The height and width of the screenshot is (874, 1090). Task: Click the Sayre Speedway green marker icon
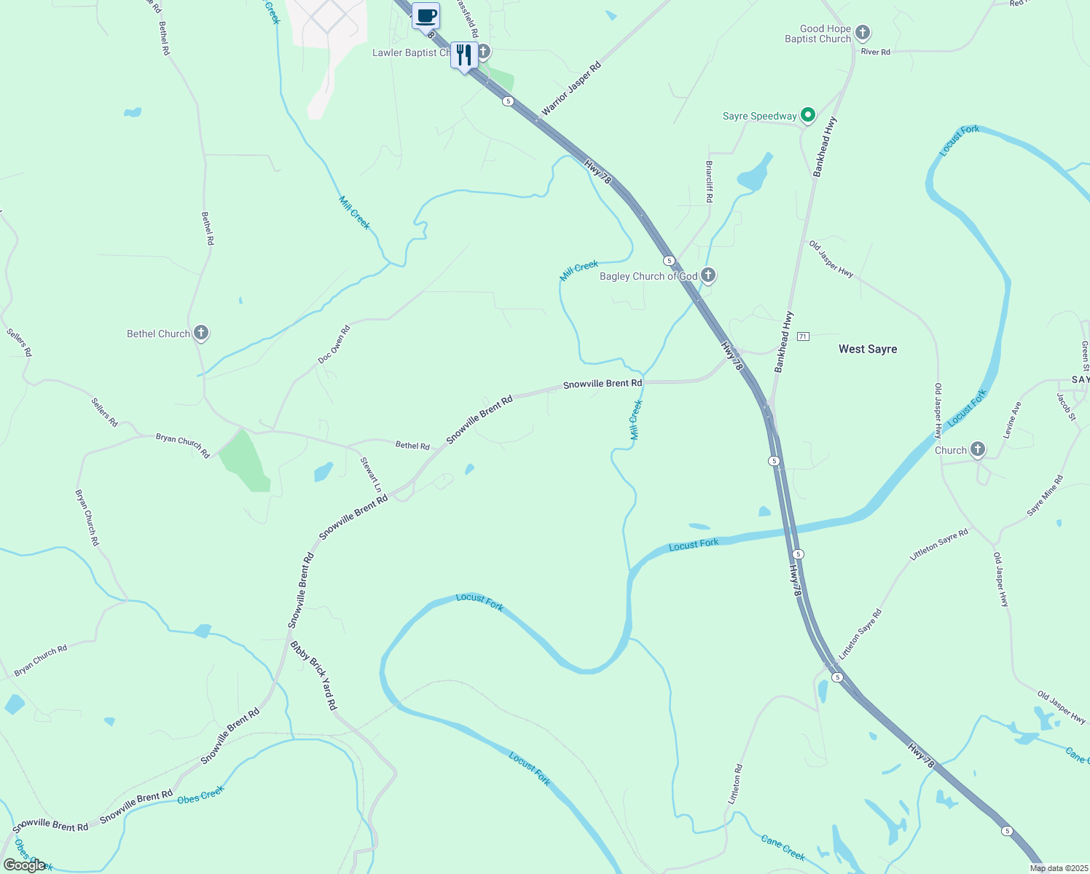[807, 115]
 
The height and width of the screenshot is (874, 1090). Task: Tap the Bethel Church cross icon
[201, 334]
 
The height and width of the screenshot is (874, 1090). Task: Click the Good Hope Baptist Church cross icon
[863, 33]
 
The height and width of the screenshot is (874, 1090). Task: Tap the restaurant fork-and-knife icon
[464, 55]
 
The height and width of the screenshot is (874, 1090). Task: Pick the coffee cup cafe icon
[426, 16]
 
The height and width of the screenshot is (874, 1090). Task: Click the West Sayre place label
[867, 349]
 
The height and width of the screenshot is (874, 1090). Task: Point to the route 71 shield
[803, 336]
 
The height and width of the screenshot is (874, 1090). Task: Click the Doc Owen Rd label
[334, 345]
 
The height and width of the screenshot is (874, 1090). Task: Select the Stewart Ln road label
[372, 473]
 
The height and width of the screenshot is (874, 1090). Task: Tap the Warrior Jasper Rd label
[571, 89]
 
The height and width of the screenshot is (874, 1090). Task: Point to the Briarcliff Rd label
[709, 182]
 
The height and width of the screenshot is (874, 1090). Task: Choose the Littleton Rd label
[736, 784]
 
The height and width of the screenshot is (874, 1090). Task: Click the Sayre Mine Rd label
[1045, 496]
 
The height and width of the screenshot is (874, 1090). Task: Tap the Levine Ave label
[1012, 420]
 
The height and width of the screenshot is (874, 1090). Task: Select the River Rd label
[875, 52]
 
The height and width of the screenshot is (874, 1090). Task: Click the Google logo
[25, 865]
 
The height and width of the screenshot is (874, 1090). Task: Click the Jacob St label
[1066, 406]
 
